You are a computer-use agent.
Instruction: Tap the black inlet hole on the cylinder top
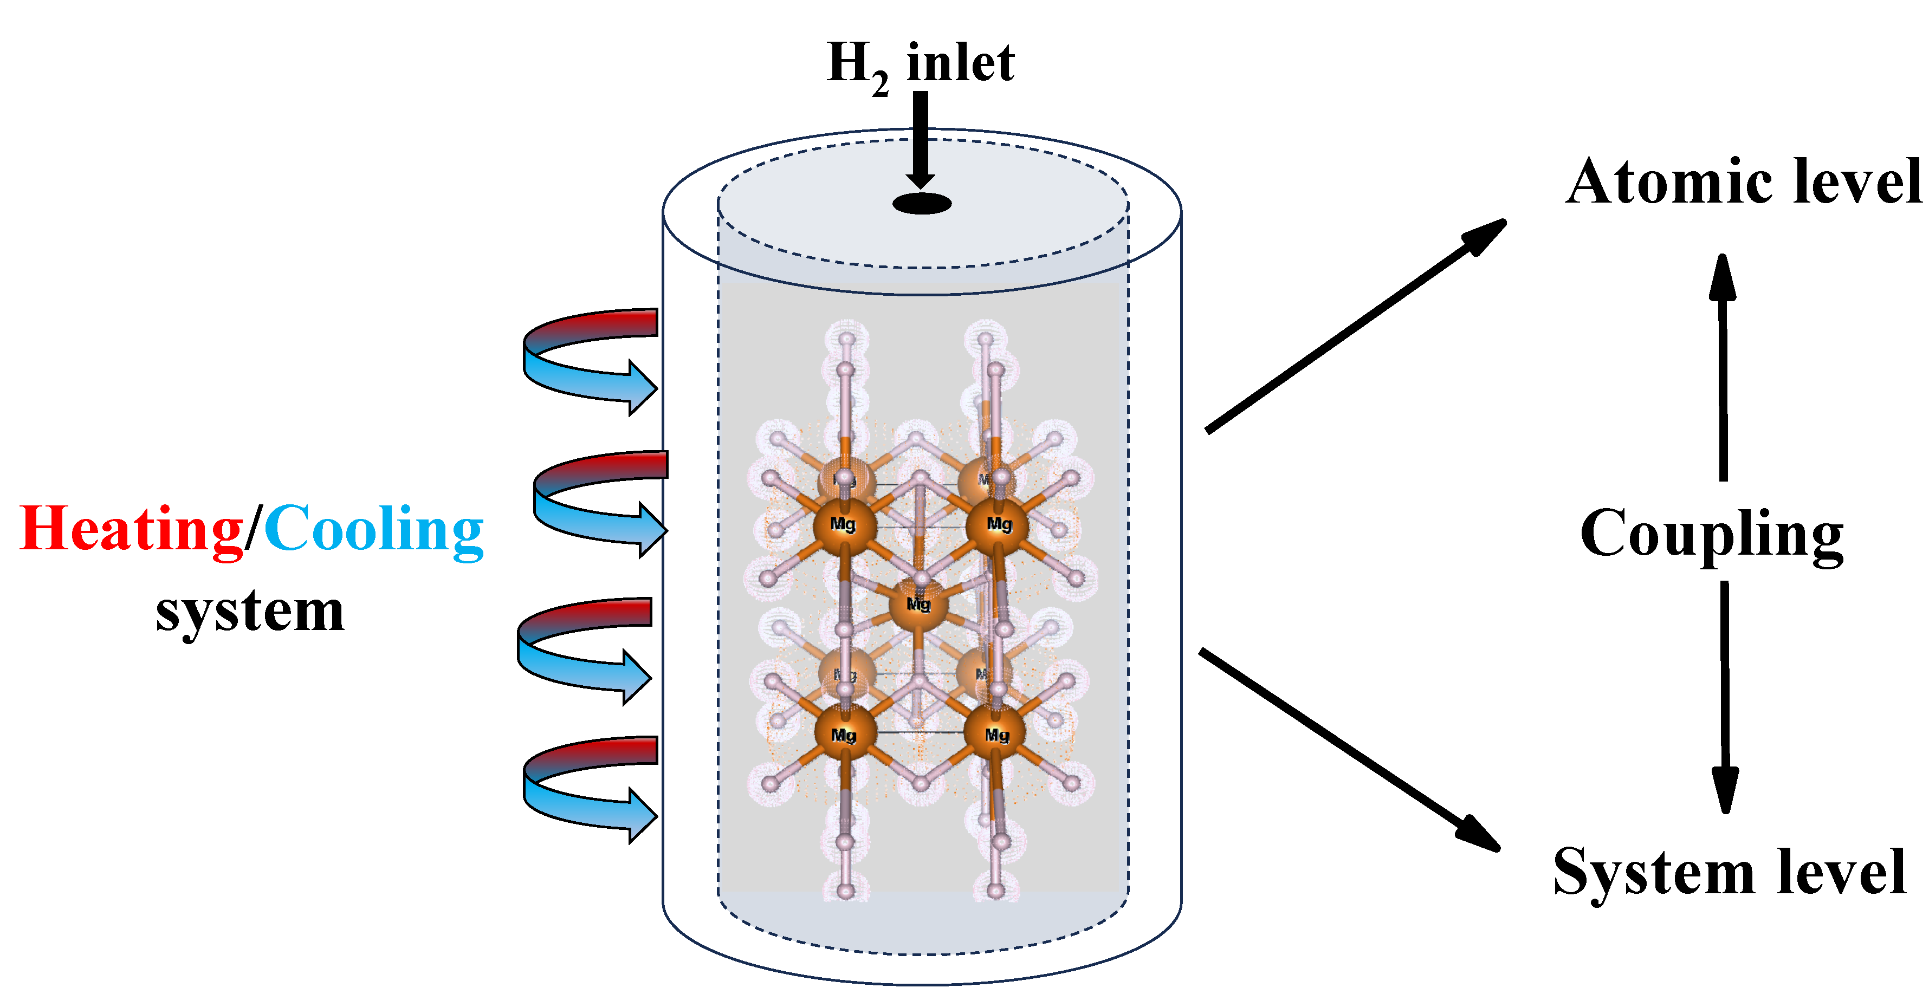pos(922,203)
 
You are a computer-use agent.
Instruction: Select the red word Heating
pos(132,529)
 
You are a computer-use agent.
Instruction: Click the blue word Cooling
pos(374,529)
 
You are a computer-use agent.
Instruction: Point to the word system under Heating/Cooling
pos(249,612)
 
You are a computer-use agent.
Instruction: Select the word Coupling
pos(1712,534)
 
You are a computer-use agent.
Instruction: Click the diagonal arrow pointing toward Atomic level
pos(1355,326)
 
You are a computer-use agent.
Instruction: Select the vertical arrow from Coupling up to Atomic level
pos(1723,367)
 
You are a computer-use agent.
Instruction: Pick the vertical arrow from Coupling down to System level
pos(1725,696)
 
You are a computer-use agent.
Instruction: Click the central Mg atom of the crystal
pos(919,603)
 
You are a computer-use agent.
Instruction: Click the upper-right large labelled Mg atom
pos(998,525)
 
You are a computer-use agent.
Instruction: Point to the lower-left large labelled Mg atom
pos(845,735)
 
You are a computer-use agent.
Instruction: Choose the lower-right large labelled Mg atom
pos(995,735)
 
